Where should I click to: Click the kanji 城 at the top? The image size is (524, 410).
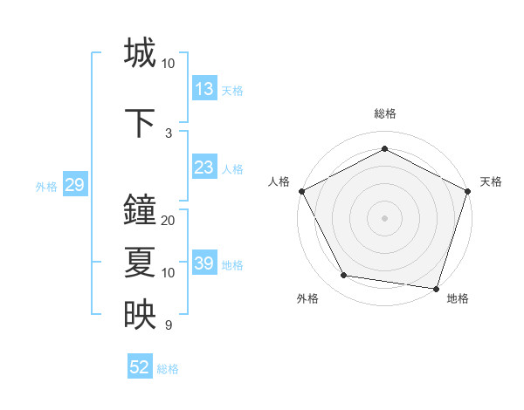140,52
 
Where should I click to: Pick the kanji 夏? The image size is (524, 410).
140,263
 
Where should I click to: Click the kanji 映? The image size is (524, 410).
140,315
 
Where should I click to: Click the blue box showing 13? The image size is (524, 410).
203,89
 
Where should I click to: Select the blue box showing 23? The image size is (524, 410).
203,167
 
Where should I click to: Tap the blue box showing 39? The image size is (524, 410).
203,263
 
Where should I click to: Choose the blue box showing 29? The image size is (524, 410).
74,185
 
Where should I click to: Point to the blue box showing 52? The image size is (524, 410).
140,367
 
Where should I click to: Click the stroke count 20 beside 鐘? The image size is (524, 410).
169,221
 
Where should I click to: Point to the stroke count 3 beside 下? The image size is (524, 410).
169,133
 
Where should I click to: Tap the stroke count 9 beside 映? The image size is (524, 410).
169,325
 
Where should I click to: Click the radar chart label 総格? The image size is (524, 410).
384,113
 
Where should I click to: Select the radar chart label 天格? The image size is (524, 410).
491,181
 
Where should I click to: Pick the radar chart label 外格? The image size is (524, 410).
307,298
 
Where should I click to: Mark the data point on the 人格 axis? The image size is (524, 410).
301,190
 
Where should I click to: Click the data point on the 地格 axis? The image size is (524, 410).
436,288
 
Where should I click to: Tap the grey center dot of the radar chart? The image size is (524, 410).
384,217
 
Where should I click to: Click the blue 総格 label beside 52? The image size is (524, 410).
168,369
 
